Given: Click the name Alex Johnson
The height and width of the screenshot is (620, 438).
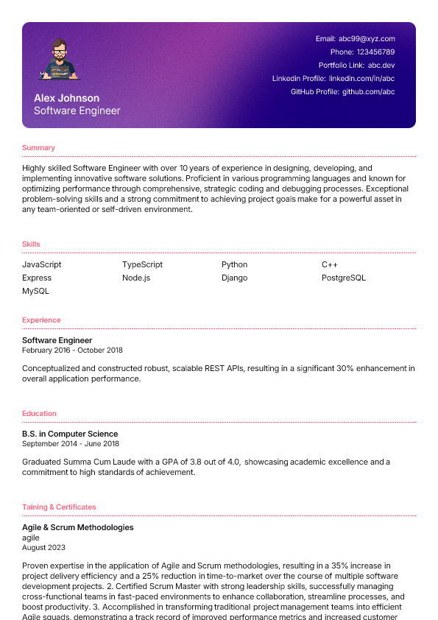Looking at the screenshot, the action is click(66, 98).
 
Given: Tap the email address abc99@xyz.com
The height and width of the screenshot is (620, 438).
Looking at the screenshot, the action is click(367, 38).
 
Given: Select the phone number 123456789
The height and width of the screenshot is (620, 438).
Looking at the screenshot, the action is click(375, 52).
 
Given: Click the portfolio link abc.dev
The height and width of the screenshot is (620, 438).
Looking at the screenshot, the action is click(381, 65).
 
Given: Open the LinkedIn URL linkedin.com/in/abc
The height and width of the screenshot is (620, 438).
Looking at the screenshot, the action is click(361, 78).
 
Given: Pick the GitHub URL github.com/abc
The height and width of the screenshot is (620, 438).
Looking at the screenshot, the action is click(368, 92).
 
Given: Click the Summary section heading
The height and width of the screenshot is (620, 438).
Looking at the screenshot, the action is click(38, 148).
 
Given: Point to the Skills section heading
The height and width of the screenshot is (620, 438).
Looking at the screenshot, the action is click(31, 244).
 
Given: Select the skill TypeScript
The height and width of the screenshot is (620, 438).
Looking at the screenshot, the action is click(142, 264).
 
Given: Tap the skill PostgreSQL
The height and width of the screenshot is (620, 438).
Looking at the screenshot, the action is click(343, 278).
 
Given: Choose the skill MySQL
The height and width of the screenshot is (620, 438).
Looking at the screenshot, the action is click(35, 291).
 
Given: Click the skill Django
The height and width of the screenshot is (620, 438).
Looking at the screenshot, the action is click(234, 278).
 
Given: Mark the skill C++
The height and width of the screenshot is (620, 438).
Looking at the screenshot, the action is click(330, 264).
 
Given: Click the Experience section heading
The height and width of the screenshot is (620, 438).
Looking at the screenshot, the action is click(41, 320).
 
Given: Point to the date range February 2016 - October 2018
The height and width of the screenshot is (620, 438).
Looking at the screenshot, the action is click(72, 350).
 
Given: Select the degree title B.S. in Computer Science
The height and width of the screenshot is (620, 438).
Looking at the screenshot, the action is click(70, 434).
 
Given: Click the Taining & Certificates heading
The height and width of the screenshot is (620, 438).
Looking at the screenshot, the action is click(59, 507).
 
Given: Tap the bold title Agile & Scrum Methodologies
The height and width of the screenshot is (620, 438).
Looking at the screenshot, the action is click(78, 527).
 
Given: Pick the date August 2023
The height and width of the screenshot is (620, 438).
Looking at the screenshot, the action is click(43, 547).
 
